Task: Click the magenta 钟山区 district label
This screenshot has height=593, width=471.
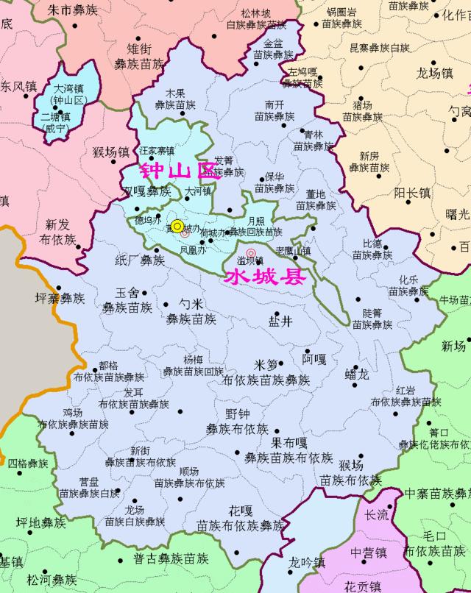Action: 180,171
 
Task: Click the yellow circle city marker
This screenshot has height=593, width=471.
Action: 177,226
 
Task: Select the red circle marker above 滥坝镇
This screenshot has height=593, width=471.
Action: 251,252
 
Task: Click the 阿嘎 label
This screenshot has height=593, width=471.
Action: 314,360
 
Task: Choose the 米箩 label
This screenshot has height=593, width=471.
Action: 266,365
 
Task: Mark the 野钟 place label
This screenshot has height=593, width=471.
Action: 237,414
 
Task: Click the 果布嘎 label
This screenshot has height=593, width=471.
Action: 289,443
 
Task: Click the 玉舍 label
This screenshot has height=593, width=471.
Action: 127,291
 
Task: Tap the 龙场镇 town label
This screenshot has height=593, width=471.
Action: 433,73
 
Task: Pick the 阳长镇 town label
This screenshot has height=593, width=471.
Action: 412,193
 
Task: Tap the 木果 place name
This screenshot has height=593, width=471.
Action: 175,93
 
